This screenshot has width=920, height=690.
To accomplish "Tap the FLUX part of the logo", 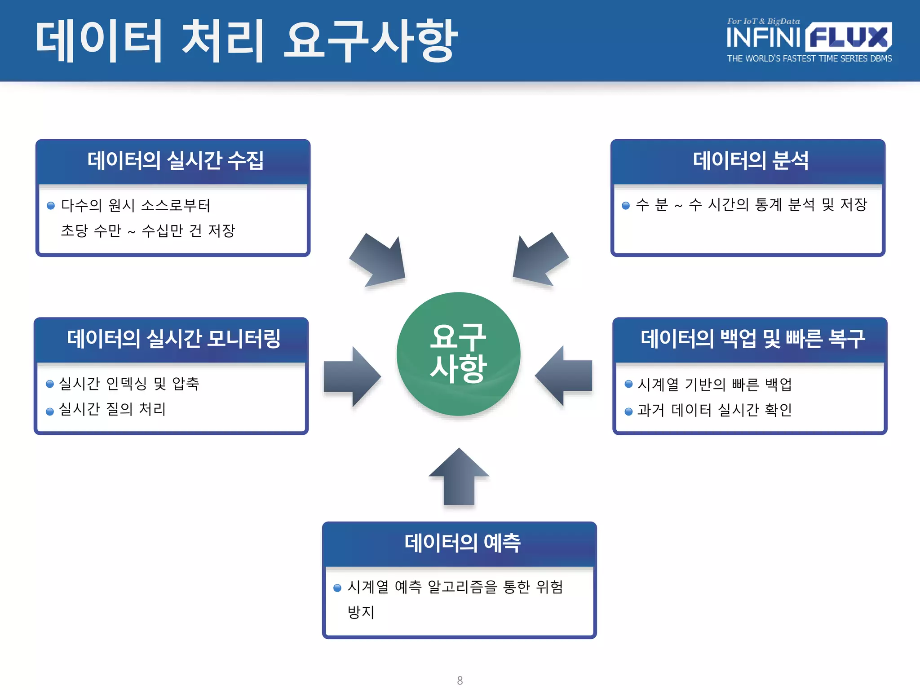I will [x=848, y=38].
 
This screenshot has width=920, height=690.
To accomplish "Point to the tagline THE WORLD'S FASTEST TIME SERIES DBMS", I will [x=809, y=59].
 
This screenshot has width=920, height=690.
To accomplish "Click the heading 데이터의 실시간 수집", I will [x=175, y=160].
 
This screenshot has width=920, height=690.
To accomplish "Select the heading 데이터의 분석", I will [x=750, y=160].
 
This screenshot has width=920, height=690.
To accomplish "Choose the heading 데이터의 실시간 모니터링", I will [x=173, y=339].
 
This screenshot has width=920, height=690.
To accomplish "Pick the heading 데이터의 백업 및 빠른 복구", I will [x=752, y=339].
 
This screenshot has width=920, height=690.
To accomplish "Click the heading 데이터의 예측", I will [x=462, y=543].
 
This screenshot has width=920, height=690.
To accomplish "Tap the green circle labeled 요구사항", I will [x=458, y=354].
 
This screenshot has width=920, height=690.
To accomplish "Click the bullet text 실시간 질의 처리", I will [x=112, y=409].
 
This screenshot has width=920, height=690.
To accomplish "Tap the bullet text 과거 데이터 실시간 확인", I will [x=714, y=410].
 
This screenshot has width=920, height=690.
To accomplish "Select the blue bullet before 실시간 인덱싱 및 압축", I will [x=50, y=384].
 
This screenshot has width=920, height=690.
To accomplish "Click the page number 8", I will [x=460, y=680].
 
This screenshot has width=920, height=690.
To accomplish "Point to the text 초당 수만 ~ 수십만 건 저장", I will [x=148, y=231].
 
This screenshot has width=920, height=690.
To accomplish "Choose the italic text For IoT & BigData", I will [x=763, y=21].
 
